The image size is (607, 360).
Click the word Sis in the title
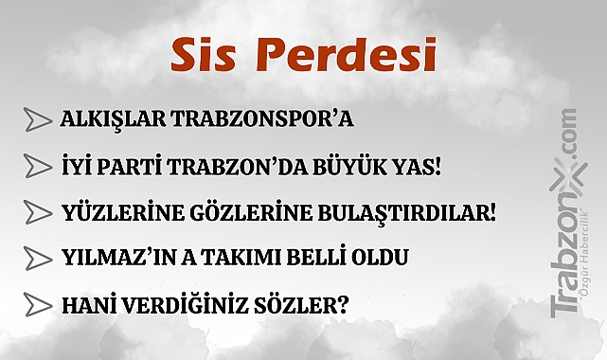click(205, 56)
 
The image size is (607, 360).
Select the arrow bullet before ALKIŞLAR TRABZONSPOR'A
click(38, 119)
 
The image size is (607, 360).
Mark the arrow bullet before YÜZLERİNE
click(38, 211)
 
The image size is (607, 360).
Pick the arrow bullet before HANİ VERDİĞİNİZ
click(38, 304)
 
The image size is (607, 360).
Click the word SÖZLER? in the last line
click(307, 304)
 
